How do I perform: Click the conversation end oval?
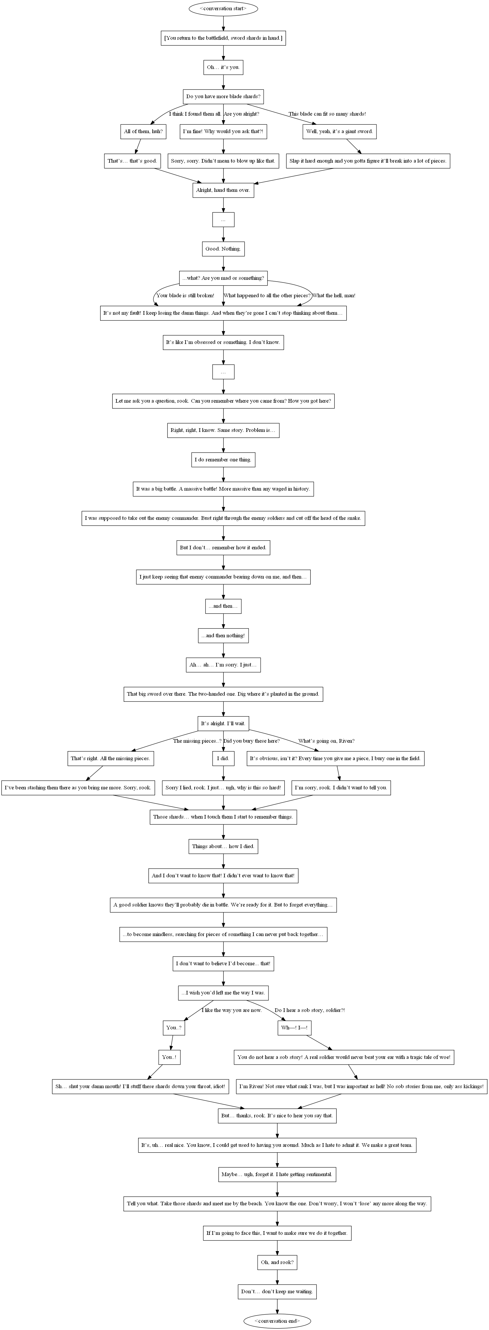tap(278, 1321)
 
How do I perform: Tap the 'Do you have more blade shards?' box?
tap(223, 97)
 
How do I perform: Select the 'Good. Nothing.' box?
tap(223, 249)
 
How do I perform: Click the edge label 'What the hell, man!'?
tap(334, 295)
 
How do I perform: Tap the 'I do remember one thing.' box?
tap(223, 460)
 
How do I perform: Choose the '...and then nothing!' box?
tap(223, 635)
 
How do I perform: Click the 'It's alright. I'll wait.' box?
tap(223, 723)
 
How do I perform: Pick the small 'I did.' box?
tap(223, 758)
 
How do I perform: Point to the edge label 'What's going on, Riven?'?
tap(326, 741)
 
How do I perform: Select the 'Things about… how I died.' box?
tap(223, 846)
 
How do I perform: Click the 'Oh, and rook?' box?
tap(278, 1262)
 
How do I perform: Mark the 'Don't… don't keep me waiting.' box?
tap(278, 1292)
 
